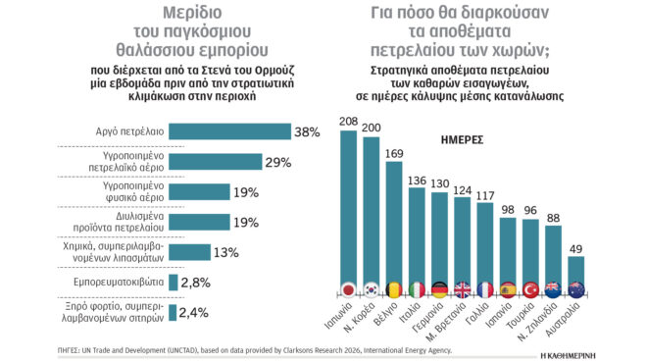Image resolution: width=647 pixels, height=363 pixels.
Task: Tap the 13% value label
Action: click(225, 252)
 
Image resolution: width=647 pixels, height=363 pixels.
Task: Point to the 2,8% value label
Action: click(195, 283)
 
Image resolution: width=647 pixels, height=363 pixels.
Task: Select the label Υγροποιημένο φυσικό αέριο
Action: click(112, 192)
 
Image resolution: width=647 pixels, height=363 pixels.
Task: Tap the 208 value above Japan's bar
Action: click(347, 122)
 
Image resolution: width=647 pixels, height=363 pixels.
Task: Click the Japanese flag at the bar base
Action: click(347, 289)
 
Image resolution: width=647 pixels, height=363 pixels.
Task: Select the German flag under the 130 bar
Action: click(438, 289)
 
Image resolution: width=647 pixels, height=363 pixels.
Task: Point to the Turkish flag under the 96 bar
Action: click(530, 289)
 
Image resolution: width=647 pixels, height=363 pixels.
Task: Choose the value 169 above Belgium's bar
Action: click(393, 153)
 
